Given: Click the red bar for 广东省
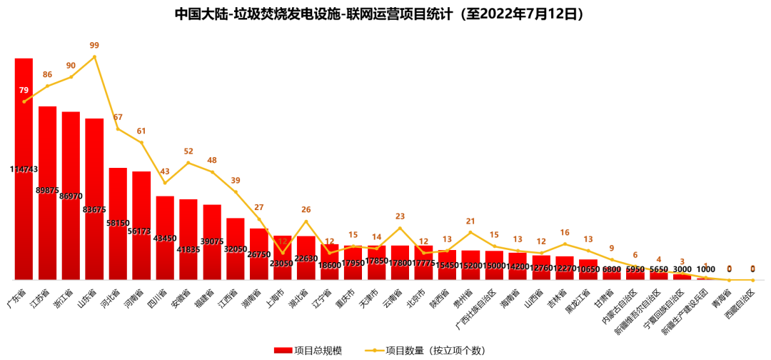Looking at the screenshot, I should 24,214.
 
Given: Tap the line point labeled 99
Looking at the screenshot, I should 94,56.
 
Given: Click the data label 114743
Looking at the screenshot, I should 24,169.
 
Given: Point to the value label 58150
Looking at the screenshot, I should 118,223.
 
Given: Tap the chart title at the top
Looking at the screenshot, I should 385,14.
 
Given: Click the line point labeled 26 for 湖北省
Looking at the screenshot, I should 306,221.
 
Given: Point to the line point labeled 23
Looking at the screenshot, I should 400,228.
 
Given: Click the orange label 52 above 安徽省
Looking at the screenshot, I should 188,151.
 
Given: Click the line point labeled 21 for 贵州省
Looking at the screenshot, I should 470,232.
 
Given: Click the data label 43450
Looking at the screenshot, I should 165,238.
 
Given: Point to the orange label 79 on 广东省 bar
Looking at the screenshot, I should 24,91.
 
